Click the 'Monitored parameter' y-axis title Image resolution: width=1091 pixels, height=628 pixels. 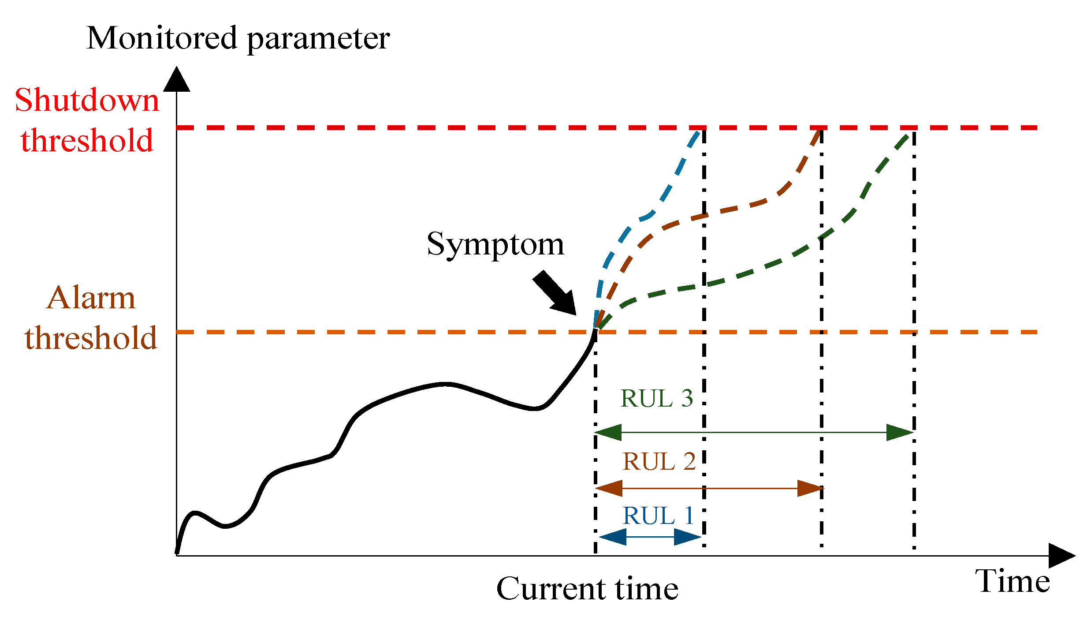click(x=238, y=39)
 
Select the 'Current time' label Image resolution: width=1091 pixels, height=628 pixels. click(x=587, y=589)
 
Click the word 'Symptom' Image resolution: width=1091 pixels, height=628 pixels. click(x=495, y=244)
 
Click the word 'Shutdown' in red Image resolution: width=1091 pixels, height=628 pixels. click(x=87, y=101)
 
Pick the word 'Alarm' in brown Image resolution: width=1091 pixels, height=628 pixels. click(x=91, y=298)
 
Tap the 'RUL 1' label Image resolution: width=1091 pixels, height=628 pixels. click(x=658, y=516)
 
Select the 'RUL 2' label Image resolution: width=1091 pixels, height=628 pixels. click(x=659, y=462)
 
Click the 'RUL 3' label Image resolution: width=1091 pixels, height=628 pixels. click(x=657, y=399)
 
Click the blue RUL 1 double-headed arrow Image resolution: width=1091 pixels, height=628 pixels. click(x=650, y=537)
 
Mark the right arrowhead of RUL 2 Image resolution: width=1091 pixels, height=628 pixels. click(x=810, y=489)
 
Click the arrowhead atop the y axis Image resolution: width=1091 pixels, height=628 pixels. click(x=177, y=79)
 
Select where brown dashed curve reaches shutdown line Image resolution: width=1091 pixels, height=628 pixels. click(x=820, y=128)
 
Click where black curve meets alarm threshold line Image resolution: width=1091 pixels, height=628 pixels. click(x=595, y=331)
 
